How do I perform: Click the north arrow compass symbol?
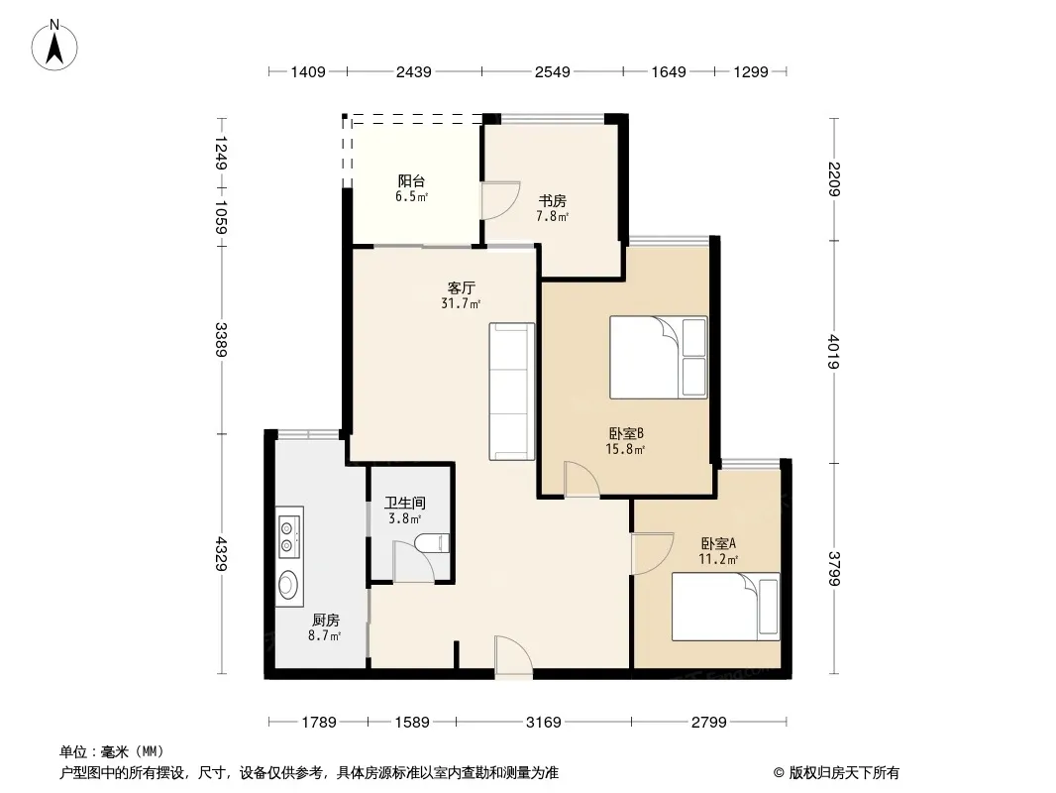[54, 46]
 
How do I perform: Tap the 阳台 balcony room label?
[411, 181]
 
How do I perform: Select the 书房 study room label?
[552, 201]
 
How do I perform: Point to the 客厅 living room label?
[462, 288]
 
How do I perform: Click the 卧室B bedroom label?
[626, 434]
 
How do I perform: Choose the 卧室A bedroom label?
[718, 543]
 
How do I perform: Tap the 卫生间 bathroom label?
[405, 504]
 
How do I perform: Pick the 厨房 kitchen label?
[325, 621]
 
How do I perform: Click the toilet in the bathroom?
[433, 543]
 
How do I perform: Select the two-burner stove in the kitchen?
[289, 532]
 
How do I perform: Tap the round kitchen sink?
[289, 584]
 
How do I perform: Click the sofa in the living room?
[512, 392]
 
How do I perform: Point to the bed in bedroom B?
[659, 357]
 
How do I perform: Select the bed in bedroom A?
[726, 607]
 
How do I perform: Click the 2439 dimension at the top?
[413, 71]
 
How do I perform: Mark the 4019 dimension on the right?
[834, 352]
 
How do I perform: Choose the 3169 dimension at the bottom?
[544, 723]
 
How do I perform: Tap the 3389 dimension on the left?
[221, 340]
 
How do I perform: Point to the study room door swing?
[499, 199]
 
